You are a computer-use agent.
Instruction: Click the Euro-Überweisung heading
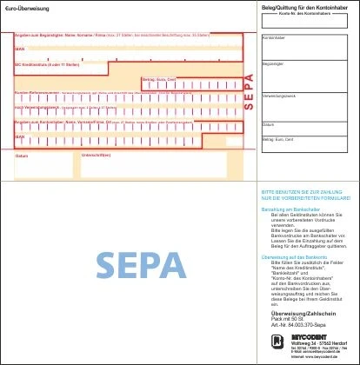point(29,8)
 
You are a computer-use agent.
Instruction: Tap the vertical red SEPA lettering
point(250,86)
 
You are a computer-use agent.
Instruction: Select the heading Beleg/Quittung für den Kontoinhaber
point(299,8)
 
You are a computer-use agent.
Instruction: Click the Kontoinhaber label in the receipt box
point(274,37)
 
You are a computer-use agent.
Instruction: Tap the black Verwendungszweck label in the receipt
point(279,94)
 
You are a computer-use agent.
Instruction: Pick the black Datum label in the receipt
point(268,124)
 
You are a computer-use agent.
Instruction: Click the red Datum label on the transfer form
point(22,155)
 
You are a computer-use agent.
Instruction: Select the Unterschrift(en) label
point(95,155)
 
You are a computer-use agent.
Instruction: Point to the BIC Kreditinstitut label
point(37,64)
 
